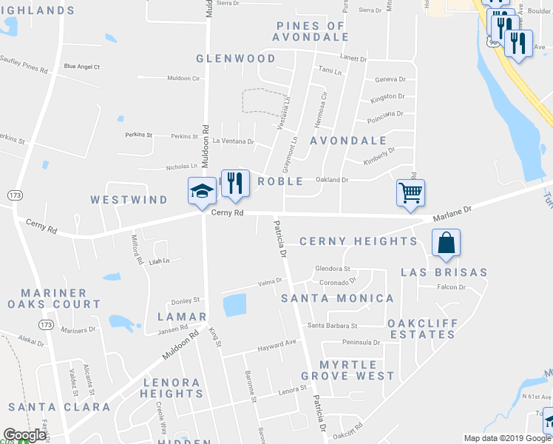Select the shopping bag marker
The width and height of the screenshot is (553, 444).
[446, 243]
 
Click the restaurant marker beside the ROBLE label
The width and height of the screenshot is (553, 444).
[235, 184]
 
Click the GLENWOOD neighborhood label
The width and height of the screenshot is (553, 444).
[236, 58]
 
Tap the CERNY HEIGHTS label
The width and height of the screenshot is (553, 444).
[359, 241]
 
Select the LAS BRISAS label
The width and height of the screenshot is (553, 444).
[444, 272]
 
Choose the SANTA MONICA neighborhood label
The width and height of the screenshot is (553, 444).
[338, 298]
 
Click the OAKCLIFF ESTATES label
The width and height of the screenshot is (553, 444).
[422, 329]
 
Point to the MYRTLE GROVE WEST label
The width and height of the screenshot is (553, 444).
[357, 371]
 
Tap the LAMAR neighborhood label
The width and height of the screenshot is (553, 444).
[181, 317]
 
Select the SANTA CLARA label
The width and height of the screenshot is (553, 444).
[59, 407]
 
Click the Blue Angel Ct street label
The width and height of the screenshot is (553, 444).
[81, 67]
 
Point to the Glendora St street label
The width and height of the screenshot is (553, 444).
[332, 269]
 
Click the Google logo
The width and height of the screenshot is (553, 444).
[24, 435]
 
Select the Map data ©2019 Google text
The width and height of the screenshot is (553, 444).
[508, 438]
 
